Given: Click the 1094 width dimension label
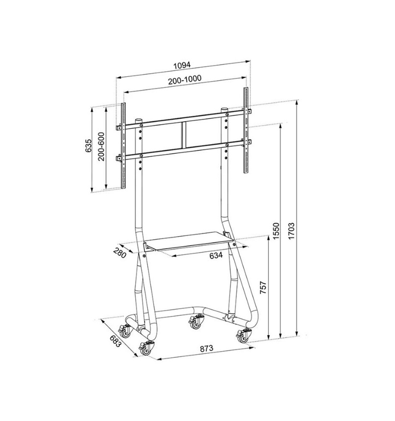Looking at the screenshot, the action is (182, 65).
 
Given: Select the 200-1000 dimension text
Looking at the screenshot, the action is (185, 80).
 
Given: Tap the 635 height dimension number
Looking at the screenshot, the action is (89, 146).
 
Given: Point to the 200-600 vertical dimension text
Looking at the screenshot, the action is (101, 147).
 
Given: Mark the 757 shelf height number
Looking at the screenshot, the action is (263, 287).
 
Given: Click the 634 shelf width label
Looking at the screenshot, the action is (216, 256).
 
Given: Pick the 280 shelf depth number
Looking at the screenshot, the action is (120, 253).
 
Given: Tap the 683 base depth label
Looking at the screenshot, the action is (114, 341).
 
